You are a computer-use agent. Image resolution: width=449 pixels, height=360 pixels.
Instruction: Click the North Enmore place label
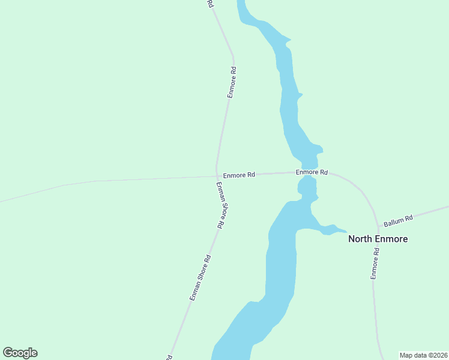(378, 239)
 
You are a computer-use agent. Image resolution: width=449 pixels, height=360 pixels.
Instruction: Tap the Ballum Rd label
(399, 221)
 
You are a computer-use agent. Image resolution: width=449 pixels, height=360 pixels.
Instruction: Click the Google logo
(20, 353)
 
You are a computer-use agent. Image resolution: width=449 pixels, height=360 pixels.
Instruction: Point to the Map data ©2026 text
(423, 355)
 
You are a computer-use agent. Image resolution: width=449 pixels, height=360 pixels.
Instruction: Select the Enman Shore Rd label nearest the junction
(220, 204)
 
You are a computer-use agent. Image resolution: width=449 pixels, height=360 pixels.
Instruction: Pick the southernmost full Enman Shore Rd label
(200, 278)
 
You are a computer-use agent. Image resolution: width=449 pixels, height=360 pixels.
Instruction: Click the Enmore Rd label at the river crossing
(312, 172)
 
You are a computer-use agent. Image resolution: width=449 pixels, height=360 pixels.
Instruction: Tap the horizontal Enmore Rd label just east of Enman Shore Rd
(239, 175)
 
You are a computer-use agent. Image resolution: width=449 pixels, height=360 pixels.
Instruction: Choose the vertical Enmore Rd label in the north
(232, 82)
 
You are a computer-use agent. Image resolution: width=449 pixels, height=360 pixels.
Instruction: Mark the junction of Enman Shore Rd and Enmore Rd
(217, 176)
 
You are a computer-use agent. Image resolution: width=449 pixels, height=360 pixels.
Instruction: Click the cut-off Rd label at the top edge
(209, 3)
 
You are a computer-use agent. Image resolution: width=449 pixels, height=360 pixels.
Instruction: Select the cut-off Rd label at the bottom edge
(168, 356)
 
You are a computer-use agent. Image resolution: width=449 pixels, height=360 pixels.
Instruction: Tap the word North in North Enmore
(361, 239)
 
